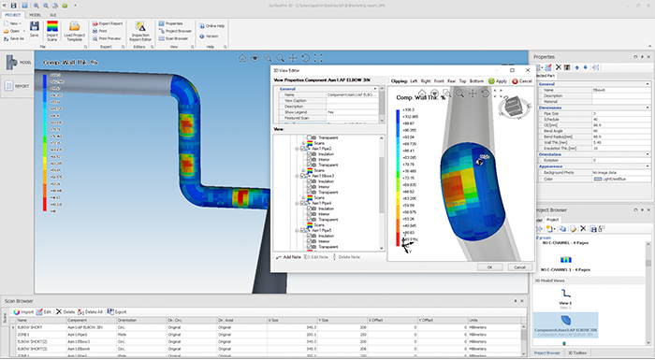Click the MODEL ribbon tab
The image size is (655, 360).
(x=34, y=15)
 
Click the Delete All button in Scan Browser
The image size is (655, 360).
(x=94, y=311)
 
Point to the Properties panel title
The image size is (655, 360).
(x=547, y=57)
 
